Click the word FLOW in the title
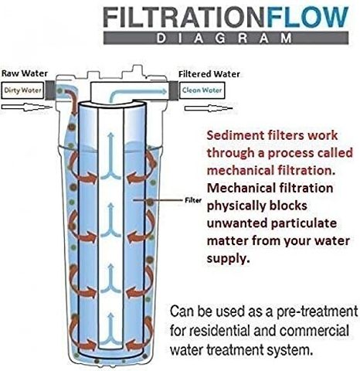(307, 17)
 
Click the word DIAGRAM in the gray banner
(224, 38)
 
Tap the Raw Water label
(25, 73)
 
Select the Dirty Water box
(22, 90)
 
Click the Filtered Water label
(209, 74)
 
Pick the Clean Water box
(202, 90)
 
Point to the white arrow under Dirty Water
(25, 107)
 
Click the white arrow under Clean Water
(209, 108)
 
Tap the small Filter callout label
(193, 200)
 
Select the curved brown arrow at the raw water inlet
(72, 100)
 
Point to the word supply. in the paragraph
(228, 258)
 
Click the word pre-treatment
(317, 311)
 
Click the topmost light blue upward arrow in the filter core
(111, 156)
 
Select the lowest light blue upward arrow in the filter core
(111, 329)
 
